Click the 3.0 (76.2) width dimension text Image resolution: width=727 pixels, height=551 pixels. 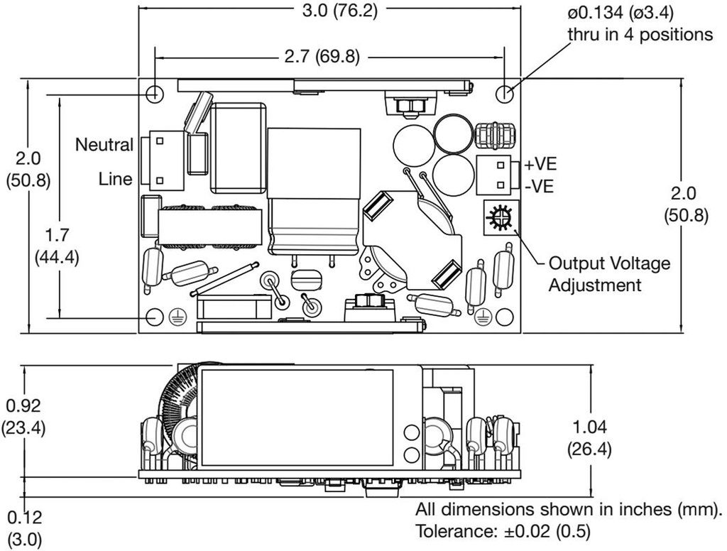329,11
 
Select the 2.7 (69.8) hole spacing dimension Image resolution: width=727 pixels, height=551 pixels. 329,57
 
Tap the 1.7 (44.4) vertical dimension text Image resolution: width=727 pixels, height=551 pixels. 57,245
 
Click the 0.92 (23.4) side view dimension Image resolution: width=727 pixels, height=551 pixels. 23,417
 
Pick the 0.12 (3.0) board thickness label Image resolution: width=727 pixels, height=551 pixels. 24,528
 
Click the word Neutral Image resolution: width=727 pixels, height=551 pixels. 104,145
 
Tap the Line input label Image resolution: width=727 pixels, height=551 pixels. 115,179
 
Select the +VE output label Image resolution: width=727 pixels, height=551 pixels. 540,165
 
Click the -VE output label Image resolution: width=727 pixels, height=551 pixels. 540,187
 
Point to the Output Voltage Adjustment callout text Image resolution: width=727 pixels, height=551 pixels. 609,274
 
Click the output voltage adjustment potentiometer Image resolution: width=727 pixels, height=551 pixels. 499,216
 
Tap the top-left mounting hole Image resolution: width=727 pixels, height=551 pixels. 154,94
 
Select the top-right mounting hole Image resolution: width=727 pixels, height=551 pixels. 504,93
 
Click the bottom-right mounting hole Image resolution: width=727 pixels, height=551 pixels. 505,317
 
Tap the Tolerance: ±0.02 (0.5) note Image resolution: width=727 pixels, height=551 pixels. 503,530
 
